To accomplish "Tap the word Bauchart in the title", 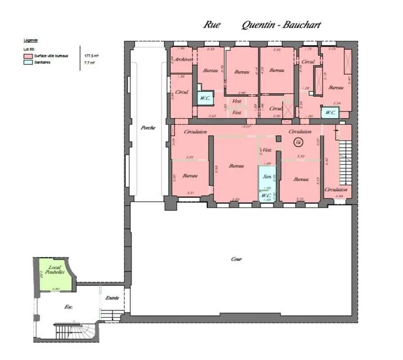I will click(300, 25).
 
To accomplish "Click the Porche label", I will click(147, 128).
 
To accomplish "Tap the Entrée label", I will click(112, 298).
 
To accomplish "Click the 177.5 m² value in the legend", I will click(91, 55).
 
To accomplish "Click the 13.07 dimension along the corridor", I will click(247, 126).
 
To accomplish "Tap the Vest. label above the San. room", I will click(267, 150).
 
